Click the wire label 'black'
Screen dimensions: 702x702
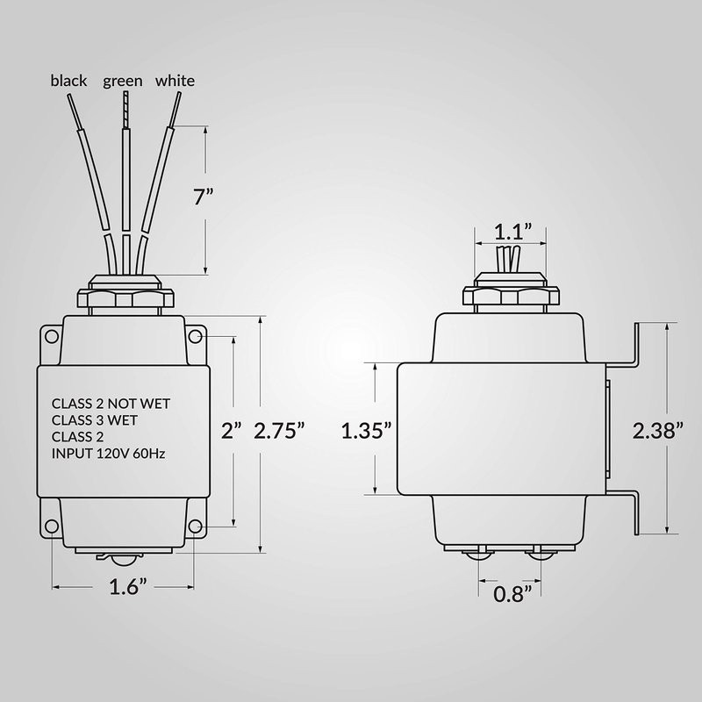[68, 81]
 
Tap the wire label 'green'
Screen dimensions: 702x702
[123, 82]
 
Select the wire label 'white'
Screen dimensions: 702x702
[175, 81]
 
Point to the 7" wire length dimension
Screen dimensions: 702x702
[203, 197]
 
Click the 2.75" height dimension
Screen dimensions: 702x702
[279, 431]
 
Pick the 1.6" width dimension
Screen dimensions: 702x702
[128, 587]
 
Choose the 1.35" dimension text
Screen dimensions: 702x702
[366, 431]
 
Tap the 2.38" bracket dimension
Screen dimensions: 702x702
[658, 431]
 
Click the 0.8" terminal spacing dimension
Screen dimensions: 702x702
[512, 594]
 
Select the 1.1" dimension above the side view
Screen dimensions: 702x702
[513, 232]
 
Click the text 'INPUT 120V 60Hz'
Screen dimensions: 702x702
[108, 454]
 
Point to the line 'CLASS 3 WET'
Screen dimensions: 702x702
[95, 420]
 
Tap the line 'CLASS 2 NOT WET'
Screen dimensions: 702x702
[111, 404]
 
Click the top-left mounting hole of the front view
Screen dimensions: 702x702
[52, 336]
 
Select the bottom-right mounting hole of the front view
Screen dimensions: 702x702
[195, 526]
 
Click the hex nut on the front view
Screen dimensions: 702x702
[125, 298]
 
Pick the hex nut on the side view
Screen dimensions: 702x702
[511, 296]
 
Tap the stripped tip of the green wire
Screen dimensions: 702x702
[125, 111]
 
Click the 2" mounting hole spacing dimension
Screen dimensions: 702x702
[232, 431]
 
